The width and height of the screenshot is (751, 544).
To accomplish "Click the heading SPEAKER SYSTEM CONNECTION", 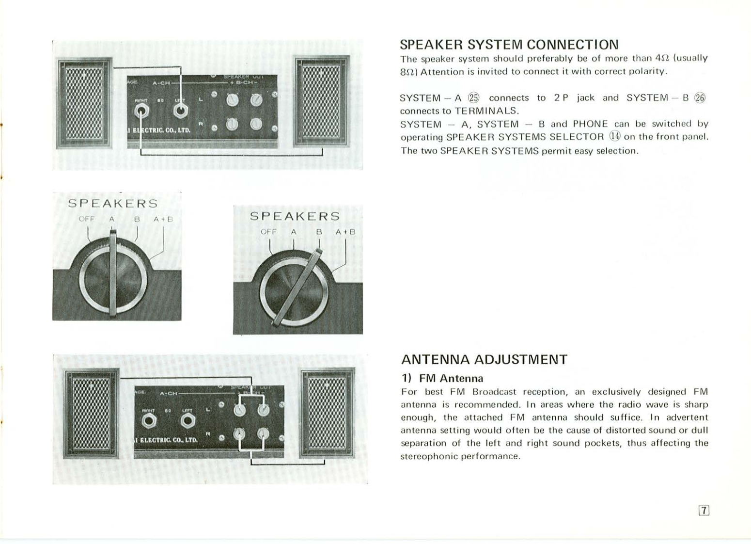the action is pos(509,45).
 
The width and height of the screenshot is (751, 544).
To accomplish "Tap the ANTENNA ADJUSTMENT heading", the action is pos(484,360).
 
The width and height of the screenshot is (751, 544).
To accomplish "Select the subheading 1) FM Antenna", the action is pos(442,378).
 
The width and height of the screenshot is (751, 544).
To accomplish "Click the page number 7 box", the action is pos(704,510).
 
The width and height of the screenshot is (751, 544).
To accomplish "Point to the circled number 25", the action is pos(474,98).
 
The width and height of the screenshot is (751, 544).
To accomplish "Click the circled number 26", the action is pos(700,98).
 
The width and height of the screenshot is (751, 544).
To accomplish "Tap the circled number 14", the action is pos(614,137).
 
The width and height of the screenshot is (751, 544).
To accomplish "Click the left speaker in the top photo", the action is pos(84,103).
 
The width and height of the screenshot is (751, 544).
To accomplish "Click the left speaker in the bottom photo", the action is pos(92,413).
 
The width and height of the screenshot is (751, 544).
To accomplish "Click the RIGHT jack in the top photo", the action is pos(141,112).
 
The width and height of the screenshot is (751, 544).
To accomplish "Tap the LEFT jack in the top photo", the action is pos(180,112).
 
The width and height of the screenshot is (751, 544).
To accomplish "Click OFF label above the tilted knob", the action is pos(268,232).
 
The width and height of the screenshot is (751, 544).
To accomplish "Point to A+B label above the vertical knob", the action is pos(163,219).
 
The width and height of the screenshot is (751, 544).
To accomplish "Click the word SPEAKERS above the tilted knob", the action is pos(295,216).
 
